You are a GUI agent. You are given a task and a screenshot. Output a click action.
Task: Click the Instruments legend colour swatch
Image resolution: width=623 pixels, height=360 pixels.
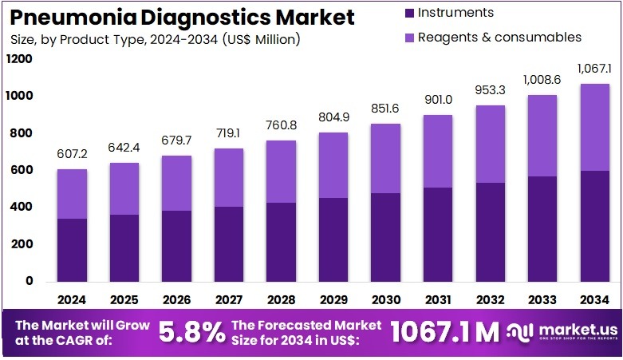(x=409, y=13)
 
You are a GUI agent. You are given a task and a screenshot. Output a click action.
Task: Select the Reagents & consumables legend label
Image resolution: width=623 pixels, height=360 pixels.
(x=499, y=37)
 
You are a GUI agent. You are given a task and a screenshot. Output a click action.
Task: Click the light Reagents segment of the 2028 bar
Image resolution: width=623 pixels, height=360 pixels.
(x=280, y=172)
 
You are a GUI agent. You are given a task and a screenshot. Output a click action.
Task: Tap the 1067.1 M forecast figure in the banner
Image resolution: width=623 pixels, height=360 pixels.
(x=446, y=332)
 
